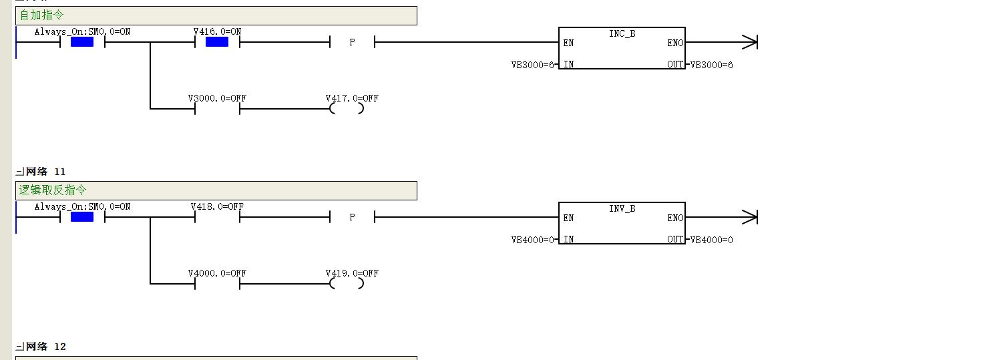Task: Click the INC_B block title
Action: [x=622, y=33]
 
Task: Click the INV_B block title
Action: [x=622, y=209]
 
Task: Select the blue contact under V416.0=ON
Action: [x=217, y=42]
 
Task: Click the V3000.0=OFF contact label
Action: [x=217, y=98]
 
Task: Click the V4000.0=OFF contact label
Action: [x=217, y=273]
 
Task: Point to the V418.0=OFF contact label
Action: [x=217, y=206]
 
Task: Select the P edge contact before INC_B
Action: [x=352, y=42]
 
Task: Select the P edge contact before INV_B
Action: [x=352, y=217]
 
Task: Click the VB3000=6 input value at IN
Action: [x=533, y=65]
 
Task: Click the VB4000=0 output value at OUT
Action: [x=712, y=240]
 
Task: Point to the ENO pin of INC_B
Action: [x=675, y=43]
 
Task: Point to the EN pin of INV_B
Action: [x=568, y=218]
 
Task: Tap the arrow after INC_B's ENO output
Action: [x=722, y=42]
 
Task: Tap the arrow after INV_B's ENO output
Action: [x=722, y=217]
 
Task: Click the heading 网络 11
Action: [x=45, y=172]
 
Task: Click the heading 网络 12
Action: [x=45, y=347]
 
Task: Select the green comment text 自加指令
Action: [x=41, y=15]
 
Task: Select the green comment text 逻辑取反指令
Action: [x=53, y=190]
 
